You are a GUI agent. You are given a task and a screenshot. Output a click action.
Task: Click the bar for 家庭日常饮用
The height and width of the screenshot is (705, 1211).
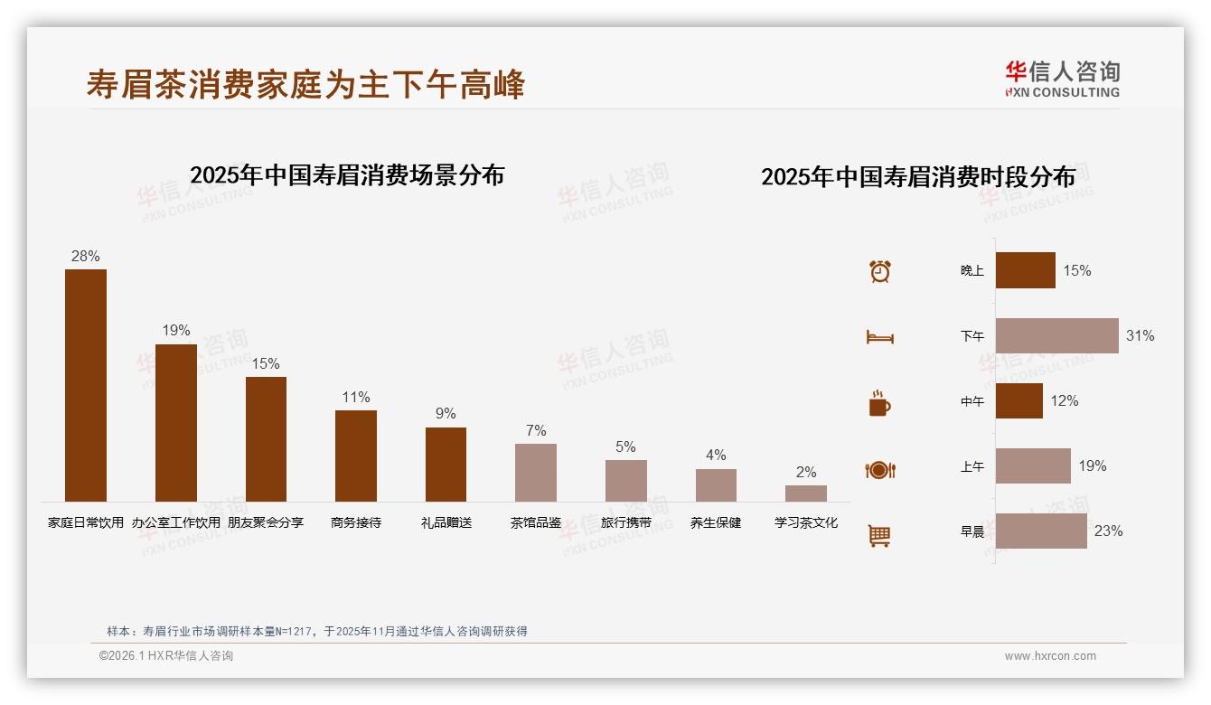pos(86,385)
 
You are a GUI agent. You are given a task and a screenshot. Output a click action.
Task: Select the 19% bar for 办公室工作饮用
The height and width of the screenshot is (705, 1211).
pos(175,422)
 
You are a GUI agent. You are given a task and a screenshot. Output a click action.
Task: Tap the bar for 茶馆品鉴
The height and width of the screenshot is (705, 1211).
pos(536,472)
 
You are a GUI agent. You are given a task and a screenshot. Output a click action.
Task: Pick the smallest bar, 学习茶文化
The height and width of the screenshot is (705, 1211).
pos(805,493)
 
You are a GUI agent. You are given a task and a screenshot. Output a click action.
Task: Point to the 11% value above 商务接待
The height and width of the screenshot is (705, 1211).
pos(356,398)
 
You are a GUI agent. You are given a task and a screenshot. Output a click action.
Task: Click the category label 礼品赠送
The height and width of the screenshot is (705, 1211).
pos(446,522)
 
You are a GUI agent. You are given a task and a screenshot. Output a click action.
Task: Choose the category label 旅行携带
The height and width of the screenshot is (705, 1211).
pos(626,522)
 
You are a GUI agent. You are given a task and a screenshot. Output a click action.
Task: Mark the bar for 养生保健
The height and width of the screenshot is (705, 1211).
pos(716,484)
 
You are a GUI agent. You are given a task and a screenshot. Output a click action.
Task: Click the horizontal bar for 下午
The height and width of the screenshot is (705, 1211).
pos(1056,335)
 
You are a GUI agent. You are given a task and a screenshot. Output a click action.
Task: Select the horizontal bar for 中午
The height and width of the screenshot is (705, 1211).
pos(1019,400)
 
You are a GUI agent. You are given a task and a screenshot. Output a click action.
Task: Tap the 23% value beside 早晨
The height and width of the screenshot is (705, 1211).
pos(1108,531)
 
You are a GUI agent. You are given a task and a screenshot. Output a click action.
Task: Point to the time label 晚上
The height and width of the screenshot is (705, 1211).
pos(972,270)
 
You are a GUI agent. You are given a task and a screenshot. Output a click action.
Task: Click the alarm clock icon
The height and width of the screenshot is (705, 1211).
pos(880,271)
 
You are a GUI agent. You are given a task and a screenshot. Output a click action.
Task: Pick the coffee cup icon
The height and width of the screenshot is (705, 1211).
pos(879,403)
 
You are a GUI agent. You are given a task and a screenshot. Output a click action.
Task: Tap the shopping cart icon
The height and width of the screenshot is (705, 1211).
pos(879,535)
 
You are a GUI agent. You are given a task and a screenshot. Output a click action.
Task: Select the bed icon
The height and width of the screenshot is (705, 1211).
pos(879,337)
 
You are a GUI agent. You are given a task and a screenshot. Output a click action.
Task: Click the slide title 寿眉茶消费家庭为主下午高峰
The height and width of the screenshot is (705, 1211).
pos(305,84)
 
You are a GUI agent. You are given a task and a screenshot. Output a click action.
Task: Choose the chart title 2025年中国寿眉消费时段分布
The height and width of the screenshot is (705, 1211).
pos(918,176)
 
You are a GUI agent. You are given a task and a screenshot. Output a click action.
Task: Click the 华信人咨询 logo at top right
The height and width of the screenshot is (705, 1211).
pos(1063,79)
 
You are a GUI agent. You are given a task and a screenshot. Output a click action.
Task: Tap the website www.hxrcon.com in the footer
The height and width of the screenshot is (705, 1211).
pos(1050,656)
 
